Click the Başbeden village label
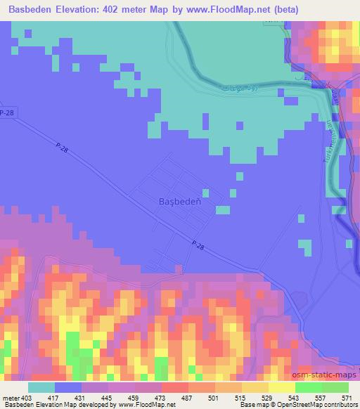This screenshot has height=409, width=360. [x=176, y=201]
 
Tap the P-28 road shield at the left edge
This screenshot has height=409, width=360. [x=7, y=112]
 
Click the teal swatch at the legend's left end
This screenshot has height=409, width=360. [x=41, y=387]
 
